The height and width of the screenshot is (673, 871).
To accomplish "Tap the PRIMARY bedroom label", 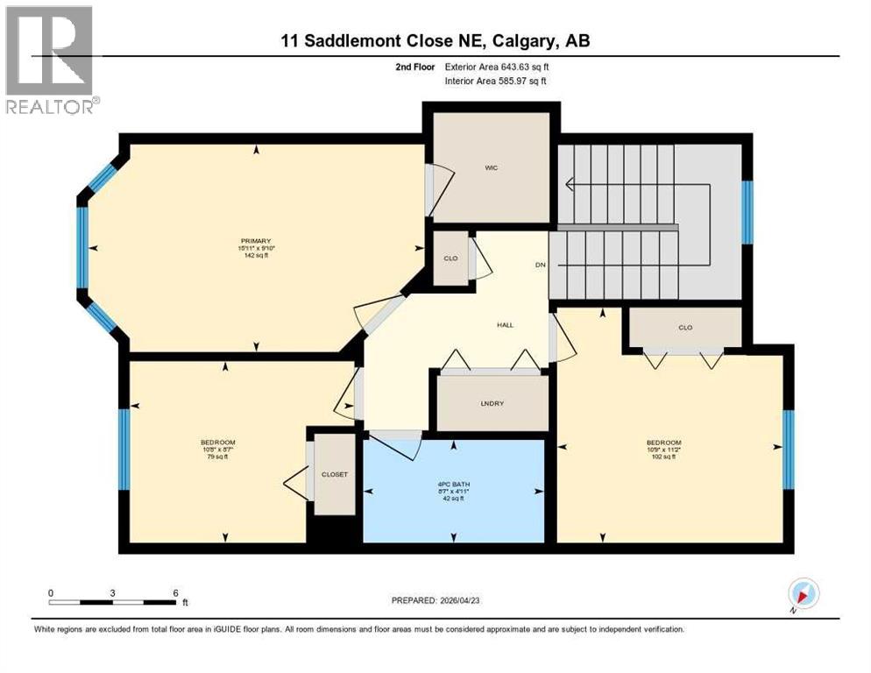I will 256,241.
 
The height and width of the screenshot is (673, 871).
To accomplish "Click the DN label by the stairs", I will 541,265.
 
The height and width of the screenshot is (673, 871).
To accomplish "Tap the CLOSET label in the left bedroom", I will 334,474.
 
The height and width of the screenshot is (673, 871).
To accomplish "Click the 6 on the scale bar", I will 175,592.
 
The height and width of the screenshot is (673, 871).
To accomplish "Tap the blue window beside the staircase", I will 747,211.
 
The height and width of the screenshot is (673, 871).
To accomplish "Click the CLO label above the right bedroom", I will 685,328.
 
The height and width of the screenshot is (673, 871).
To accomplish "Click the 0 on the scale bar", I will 51,592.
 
